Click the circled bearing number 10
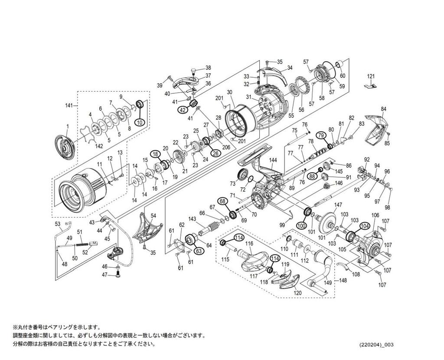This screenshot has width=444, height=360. (x=139, y=122)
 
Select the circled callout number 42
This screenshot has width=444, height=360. (x=183, y=110)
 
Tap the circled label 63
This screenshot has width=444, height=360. (x=199, y=251)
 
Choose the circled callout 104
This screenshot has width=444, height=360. (x=365, y=226)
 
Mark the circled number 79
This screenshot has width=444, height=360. (x=321, y=135)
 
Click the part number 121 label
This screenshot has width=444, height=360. (x=370, y=76)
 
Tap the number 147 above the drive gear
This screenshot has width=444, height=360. (x=338, y=205)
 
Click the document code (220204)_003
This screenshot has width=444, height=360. (x=376, y=345)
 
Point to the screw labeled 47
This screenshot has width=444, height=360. (x=118, y=274)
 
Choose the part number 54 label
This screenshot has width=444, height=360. (x=153, y=216)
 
